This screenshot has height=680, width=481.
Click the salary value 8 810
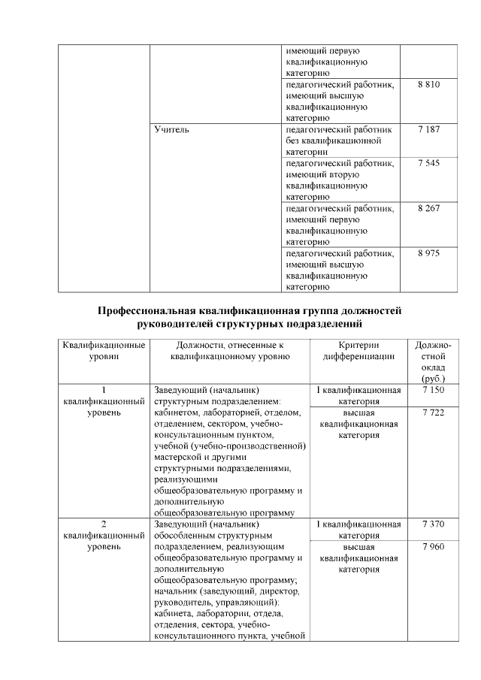[428, 86]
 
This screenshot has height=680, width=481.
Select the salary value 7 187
[428, 130]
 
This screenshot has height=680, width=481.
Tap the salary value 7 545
[428, 163]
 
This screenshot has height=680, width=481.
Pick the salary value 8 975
[428, 252]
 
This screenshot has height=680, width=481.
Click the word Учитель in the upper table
[171, 130]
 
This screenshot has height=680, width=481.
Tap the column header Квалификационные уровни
[104, 351]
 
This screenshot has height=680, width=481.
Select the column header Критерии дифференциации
[358, 351]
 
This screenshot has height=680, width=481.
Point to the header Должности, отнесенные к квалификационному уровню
[230, 351]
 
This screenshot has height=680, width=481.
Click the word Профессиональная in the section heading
[147, 310]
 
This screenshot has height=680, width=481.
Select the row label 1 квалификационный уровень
[104, 402]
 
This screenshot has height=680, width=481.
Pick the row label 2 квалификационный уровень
[104, 535]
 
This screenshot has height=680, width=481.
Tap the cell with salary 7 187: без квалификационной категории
[340, 141]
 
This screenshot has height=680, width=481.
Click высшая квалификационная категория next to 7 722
[358, 424]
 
